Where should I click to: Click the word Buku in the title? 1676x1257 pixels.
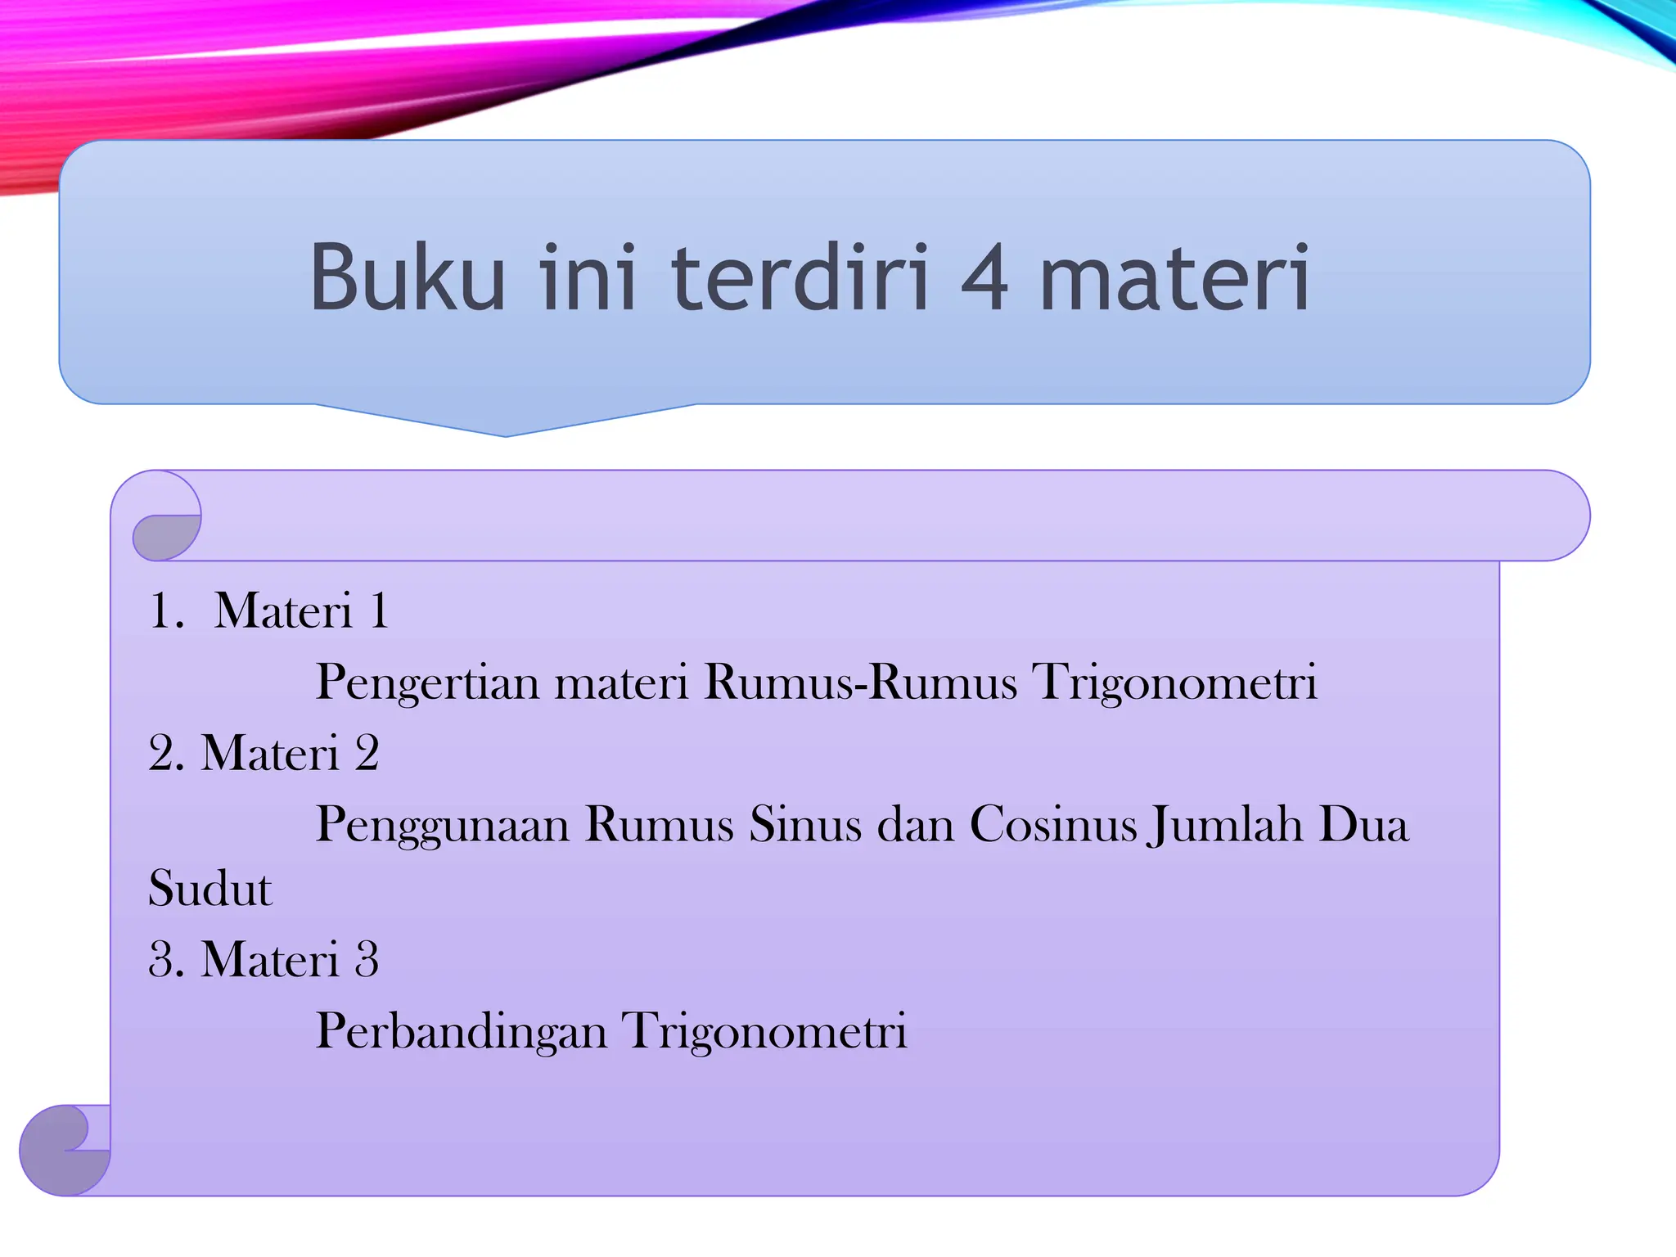[x=408, y=277]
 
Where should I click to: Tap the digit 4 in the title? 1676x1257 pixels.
[x=984, y=277]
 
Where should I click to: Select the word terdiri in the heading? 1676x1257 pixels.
[x=800, y=277]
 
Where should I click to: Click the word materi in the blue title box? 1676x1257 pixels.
[x=1175, y=277]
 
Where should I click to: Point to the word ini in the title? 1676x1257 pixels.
[x=588, y=277]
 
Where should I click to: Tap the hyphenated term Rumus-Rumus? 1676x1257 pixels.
[x=861, y=681]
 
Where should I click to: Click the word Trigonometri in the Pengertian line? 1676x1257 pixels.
[x=1175, y=683]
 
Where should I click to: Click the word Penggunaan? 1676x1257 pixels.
[x=443, y=825]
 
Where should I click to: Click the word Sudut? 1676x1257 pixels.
[x=209, y=889]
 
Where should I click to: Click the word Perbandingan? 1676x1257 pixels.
[x=461, y=1031]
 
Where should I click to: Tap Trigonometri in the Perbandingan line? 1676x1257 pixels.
[x=764, y=1031]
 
